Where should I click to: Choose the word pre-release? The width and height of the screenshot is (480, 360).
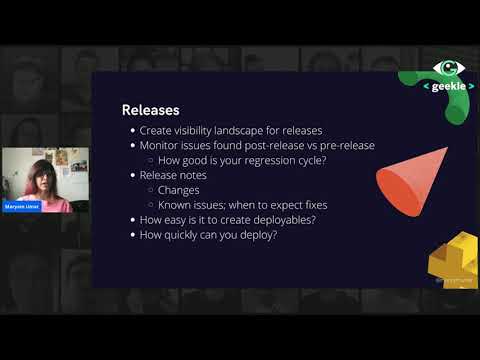pos(346,146)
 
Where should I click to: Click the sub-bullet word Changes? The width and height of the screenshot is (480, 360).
pos(179,191)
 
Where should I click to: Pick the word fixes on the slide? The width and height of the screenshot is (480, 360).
pos(310,206)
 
